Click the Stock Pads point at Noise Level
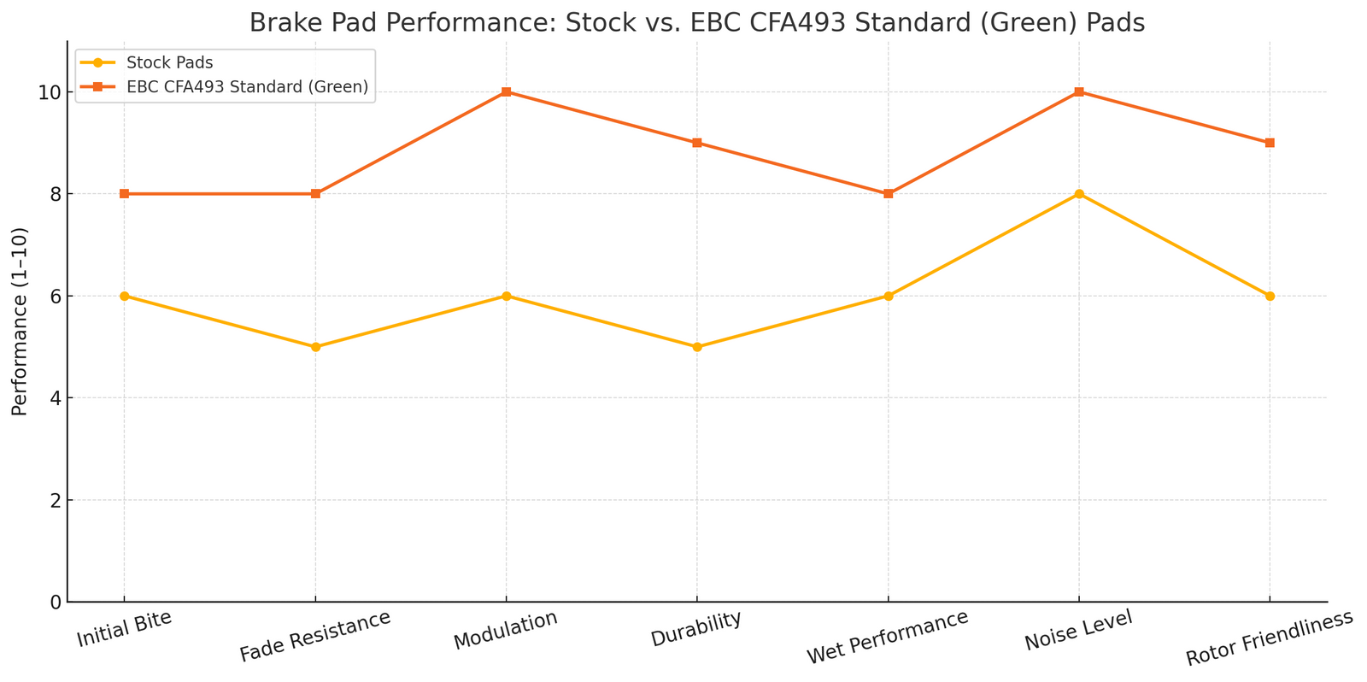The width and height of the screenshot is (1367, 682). coord(1079,194)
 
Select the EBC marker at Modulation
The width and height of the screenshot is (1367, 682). coord(506,91)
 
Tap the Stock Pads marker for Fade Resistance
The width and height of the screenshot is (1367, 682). coord(315,347)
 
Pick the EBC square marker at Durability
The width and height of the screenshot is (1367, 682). coord(697,143)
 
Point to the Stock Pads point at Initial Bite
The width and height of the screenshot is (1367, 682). coord(125,296)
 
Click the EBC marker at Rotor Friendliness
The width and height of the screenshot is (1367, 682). coord(1270,143)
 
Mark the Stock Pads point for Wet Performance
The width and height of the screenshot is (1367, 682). coord(888,296)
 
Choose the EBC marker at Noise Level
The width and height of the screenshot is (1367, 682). coord(1079,91)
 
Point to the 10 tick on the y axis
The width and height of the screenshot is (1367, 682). coord(49,92)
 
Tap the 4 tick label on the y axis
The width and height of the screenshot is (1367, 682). coord(54,398)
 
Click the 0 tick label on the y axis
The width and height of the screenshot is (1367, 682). coord(54,602)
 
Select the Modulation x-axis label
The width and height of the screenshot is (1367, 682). coord(505,631)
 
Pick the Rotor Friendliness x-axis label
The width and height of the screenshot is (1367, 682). coord(1270,639)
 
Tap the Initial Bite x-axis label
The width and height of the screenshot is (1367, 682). coord(125,629)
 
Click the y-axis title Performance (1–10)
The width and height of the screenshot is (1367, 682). coord(21,321)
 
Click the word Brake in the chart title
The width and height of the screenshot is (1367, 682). coord(279,23)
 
